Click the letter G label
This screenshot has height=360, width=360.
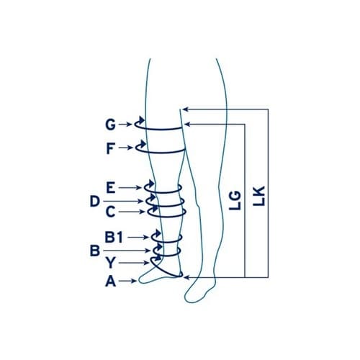[x=110, y=125]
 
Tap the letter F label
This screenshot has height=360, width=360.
[x=110, y=148]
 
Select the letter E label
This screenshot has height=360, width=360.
[x=111, y=188]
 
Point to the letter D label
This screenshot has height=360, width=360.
[x=95, y=201]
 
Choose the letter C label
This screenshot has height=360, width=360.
[x=111, y=212]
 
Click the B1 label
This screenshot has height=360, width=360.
[x=114, y=237]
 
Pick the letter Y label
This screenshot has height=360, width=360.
[x=111, y=263]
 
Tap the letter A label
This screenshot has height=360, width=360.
[x=111, y=281]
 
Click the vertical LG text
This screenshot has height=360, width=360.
[x=235, y=200]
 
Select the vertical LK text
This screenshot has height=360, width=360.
[x=258, y=196]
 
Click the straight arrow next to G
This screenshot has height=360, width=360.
[x=125, y=125]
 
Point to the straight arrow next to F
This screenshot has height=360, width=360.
[x=126, y=148]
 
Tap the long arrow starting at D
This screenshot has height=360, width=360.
[x=123, y=201]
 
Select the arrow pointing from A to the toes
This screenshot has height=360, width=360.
[x=127, y=281]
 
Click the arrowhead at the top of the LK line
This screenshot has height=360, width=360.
[x=185, y=109]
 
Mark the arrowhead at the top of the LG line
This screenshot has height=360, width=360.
[x=187, y=125]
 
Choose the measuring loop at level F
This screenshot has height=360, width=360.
[x=161, y=152]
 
